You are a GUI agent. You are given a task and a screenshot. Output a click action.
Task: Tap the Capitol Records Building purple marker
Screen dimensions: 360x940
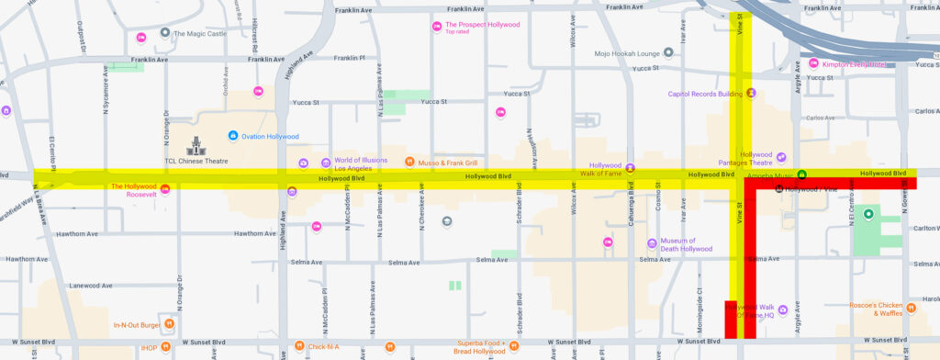(751, 93)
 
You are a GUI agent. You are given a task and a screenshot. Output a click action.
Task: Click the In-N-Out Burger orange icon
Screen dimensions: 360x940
(169, 324)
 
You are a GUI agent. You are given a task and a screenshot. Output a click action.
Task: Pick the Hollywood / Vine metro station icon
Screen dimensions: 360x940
(779, 188)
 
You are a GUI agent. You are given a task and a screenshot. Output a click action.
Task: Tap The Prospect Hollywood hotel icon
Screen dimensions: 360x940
(437, 26)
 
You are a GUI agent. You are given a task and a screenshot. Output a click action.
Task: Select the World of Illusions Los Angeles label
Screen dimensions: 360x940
(360, 163)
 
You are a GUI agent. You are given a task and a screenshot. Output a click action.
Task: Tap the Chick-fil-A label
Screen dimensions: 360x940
(323, 347)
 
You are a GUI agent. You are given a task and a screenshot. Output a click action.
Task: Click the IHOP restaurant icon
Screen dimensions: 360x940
(169, 347)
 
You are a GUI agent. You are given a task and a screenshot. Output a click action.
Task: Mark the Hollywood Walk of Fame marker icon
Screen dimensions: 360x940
(630, 167)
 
